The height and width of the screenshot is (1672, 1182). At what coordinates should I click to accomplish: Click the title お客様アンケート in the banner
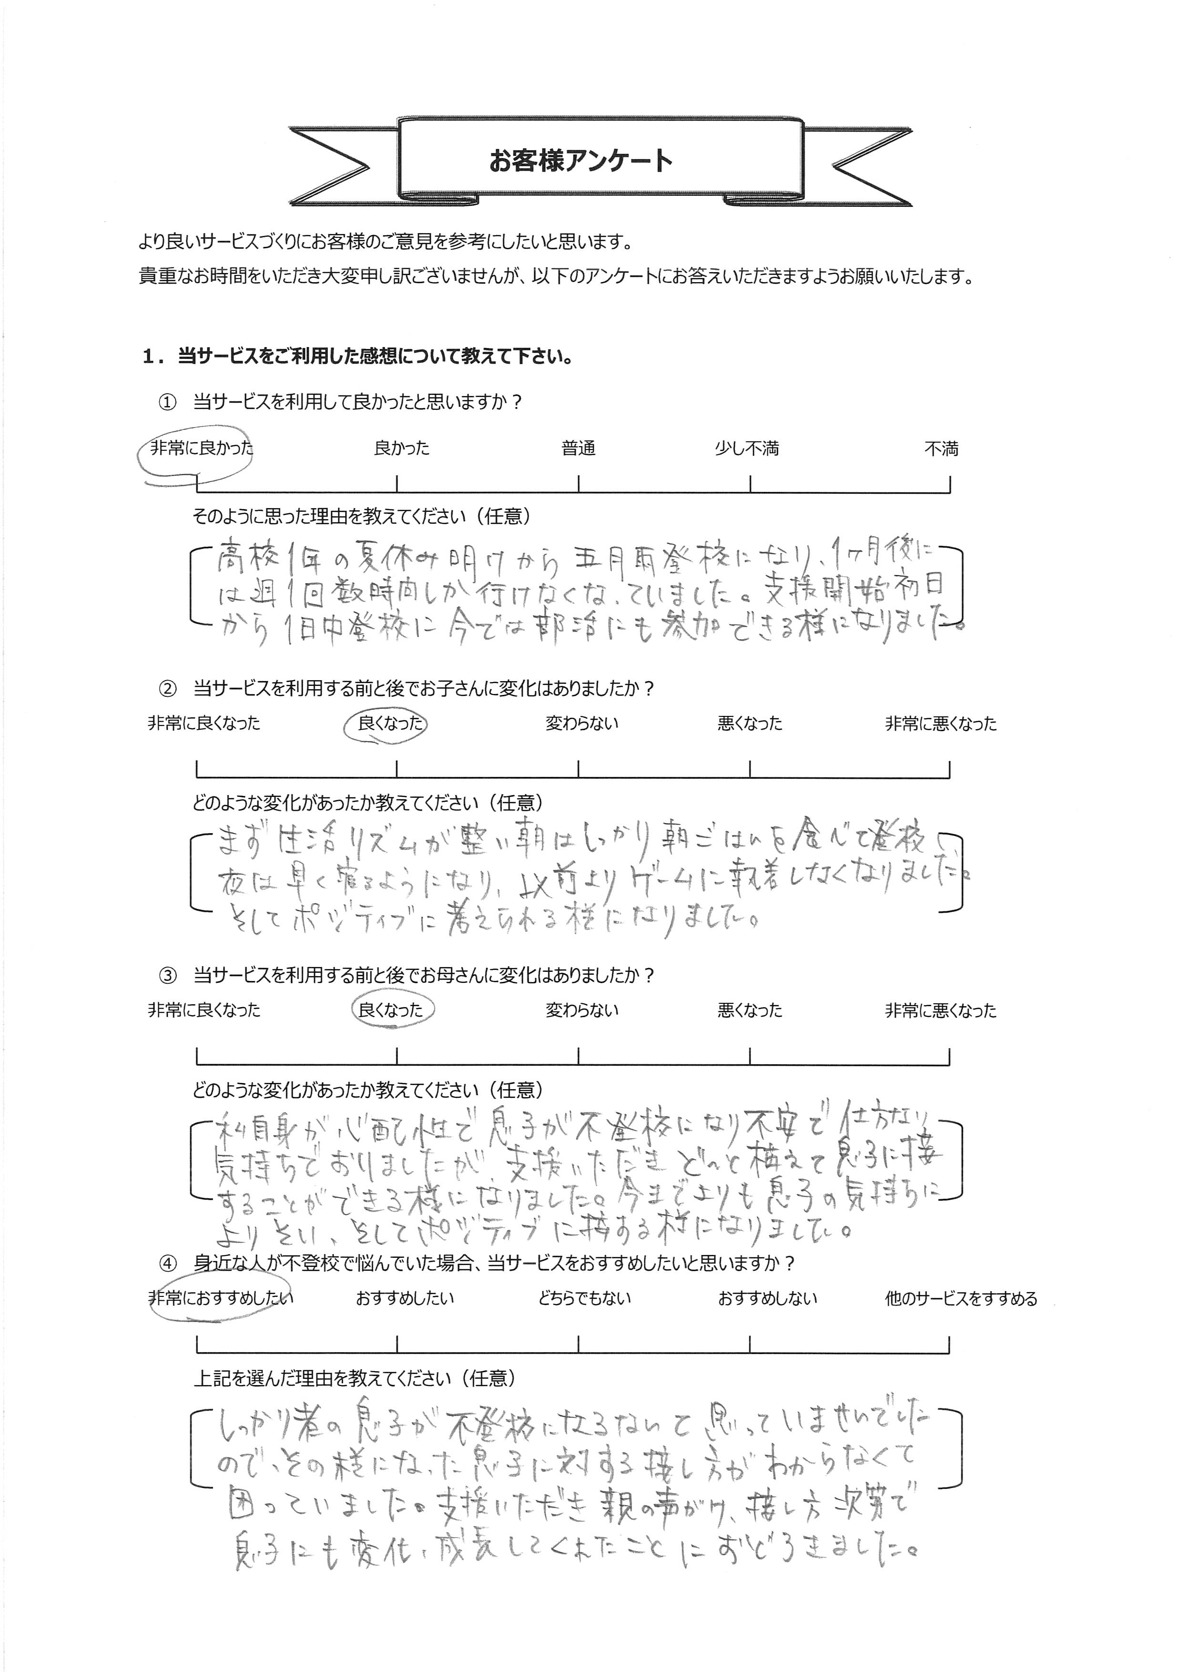(x=581, y=161)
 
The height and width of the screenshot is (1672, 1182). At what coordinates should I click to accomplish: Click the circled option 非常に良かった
(x=201, y=449)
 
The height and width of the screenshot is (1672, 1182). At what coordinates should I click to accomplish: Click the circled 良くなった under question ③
(x=390, y=1010)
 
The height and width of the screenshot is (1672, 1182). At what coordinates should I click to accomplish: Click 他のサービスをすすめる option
(x=960, y=1298)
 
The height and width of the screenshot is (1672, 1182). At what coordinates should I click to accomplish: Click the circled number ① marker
(x=167, y=403)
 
